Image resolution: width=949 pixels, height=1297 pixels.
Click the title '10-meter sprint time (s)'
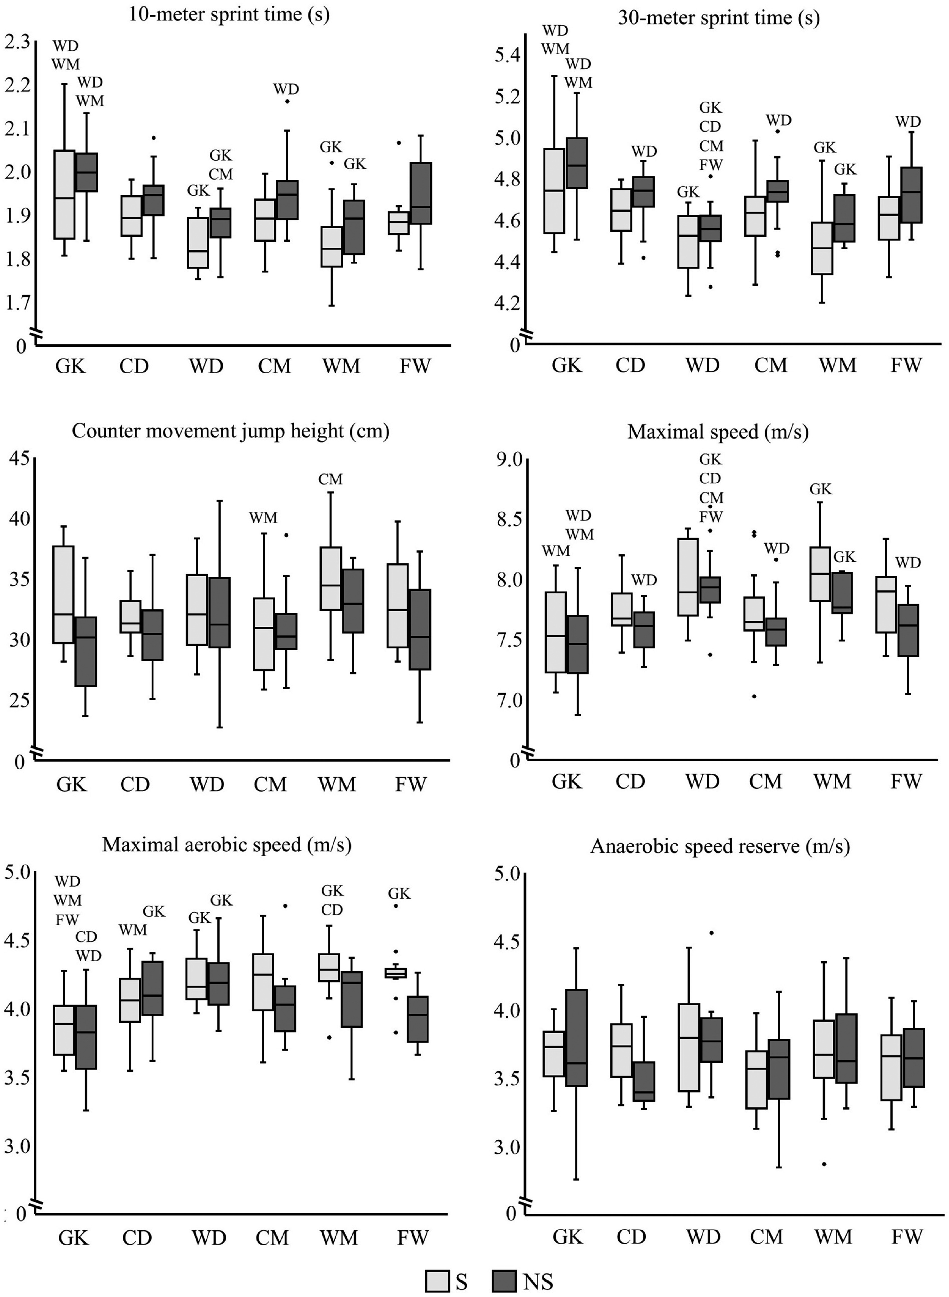(229, 14)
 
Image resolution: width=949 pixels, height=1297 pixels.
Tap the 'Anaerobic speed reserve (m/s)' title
(720, 846)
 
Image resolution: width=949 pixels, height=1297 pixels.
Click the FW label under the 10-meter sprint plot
(414, 366)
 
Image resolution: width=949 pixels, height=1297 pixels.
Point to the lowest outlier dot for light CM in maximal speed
(754, 696)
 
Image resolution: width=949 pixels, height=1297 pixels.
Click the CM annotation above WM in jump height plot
(330, 479)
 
